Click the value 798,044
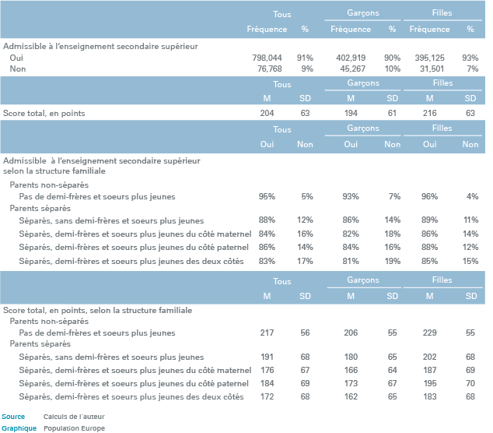coord(267,58)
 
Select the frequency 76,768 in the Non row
coord(270,69)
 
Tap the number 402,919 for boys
coord(351,58)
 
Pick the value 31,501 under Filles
coord(432,69)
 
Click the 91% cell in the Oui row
coord(305,58)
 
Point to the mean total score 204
coord(267,113)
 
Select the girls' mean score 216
coord(429,113)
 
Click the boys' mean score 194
coord(351,113)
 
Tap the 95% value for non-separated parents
coord(267,196)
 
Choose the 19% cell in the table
coord(393,261)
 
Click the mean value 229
coord(429,333)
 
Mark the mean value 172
coord(267,396)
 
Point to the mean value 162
coord(351,396)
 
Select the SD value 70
coord(470,383)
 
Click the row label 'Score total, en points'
coord(44,114)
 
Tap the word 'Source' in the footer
coord(13,417)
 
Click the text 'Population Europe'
coord(74,428)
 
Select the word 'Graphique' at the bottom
coord(19,428)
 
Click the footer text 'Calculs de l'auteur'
coord(74,417)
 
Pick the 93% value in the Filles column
coord(470,58)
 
